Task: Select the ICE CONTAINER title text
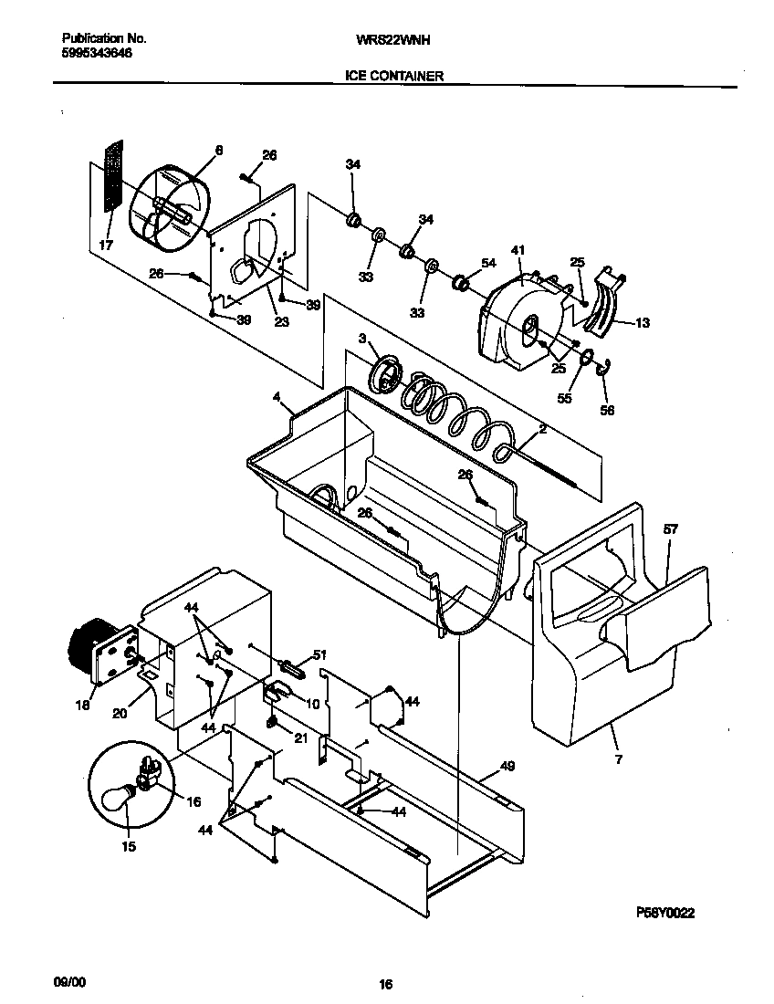coord(394,77)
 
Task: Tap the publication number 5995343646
coord(96,54)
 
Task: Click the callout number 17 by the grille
coord(106,245)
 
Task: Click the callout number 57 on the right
coord(671,529)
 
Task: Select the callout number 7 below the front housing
coord(618,758)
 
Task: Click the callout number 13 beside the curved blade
coord(643,322)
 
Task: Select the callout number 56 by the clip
coord(607,410)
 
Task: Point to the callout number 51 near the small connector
coord(319,654)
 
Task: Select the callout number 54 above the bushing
coord(488,263)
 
